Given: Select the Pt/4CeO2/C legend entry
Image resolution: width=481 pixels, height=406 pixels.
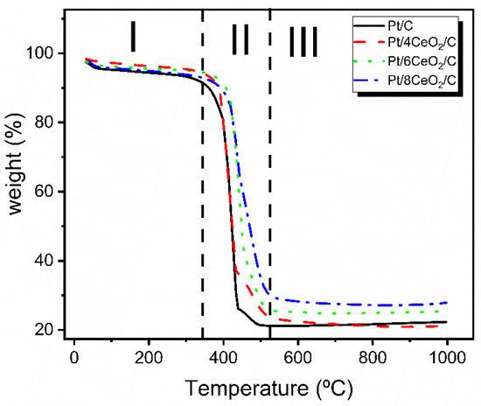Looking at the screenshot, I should pyautogui.click(x=430, y=37).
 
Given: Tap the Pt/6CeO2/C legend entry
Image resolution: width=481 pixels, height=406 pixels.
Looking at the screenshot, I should pyautogui.click(x=430, y=52).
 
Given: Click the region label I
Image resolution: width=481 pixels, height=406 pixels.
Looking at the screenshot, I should pyautogui.click(x=133, y=38).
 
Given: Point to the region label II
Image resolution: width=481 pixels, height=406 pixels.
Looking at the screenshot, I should pyautogui.click(x=240, y=40).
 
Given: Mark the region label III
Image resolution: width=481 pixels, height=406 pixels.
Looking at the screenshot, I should pyautogui.click(x=303, y=41).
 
